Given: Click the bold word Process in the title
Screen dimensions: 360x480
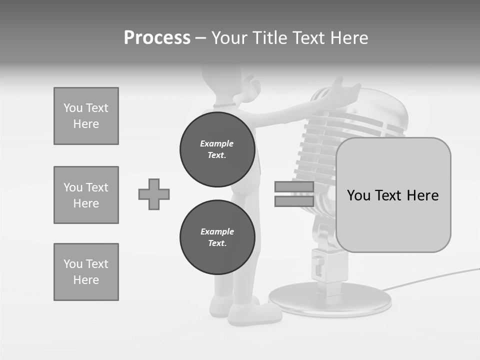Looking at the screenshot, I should click(x=157, y=38).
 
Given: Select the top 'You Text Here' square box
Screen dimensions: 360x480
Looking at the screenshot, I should click(x=86, y=116).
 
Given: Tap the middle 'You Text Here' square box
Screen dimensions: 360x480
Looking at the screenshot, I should click(x=86, y=195).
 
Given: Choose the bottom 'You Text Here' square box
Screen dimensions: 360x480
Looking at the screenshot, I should click(x=86, y=272).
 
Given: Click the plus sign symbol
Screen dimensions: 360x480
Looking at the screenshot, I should click(x=154, y=194).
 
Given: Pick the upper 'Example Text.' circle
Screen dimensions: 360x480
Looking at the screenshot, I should click(x=217, y=149).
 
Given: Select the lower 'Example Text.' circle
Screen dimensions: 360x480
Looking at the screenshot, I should click(x=217, y=237).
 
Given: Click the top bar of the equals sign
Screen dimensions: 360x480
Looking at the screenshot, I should click(x=294, y=187).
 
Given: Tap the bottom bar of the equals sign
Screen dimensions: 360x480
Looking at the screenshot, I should click(x=294, y=201).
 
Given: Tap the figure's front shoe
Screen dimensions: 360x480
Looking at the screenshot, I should click(x=255, y=314).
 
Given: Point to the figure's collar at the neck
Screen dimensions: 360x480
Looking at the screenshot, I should click(x=224, y=105).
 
